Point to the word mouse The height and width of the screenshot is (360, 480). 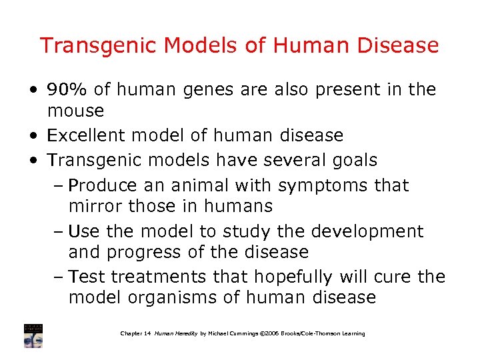(76, 110)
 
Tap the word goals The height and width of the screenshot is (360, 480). (353, 160)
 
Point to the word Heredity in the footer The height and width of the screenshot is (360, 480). (183, 333)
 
